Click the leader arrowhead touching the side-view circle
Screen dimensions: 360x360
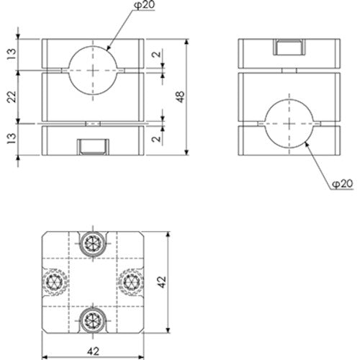[x=306, y=143]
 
